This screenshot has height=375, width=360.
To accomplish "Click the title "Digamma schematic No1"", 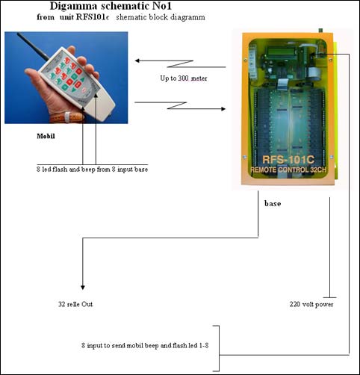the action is click(x=111, y=6).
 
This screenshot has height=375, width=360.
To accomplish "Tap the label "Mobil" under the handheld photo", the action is click(x=46, y=136).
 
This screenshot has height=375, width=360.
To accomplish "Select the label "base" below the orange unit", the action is click(x=273, y=203).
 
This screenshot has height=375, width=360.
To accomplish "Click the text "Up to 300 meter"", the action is click(x=184, y=78).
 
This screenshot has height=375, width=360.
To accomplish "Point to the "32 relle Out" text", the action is click(x=75, y=304).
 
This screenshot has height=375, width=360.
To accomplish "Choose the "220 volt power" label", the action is click(x=311, y=304).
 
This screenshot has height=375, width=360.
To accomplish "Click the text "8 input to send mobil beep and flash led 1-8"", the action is click(x=145, y=345).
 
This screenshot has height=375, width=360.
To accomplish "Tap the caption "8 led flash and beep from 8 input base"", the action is click(x=92, y=170).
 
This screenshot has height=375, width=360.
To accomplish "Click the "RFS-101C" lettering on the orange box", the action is click(x=288, y=160).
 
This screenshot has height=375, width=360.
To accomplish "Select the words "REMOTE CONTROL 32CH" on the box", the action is click(x=288, y=170).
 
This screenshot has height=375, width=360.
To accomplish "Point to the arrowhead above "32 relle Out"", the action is click(x=83, y=288).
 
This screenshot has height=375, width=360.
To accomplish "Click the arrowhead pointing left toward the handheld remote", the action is click(x=137, y=61).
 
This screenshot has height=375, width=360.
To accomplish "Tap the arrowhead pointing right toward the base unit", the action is click(x=223, y=109).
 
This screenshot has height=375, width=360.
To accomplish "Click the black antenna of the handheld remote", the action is click(x=33, y=46).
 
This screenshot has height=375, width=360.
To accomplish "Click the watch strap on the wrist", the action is click(x=67, y=117).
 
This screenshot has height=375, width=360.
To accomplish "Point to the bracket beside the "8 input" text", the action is click(x=219, y=348).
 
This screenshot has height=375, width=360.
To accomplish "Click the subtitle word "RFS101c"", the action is click(x=93, y=17).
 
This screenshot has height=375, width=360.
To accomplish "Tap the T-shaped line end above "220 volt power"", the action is click(x=330, y=297).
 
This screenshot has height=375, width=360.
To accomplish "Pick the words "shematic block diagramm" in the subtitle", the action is click(x=161, y=17).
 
